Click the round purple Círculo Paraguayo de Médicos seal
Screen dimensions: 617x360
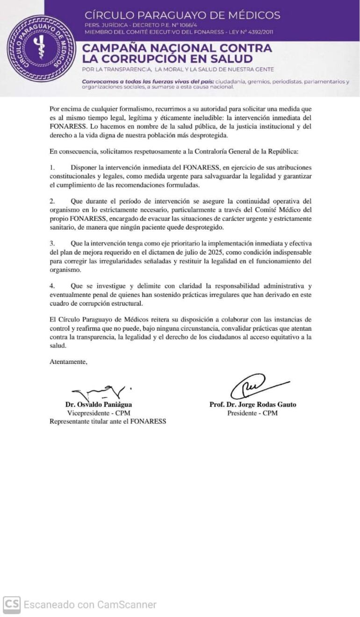(41, 48)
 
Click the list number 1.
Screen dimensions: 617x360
(52, 167)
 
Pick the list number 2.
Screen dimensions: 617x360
(52, 201)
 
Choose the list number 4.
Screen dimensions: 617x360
(52, 285)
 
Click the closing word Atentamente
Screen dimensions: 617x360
(68, 361)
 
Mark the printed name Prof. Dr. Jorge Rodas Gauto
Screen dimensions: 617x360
(252, 405)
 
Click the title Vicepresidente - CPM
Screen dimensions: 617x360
(98, 413)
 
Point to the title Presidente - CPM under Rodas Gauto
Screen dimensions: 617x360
(252, 413)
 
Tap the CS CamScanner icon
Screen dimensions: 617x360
(11, 604)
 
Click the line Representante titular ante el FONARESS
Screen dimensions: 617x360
(108, 421)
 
